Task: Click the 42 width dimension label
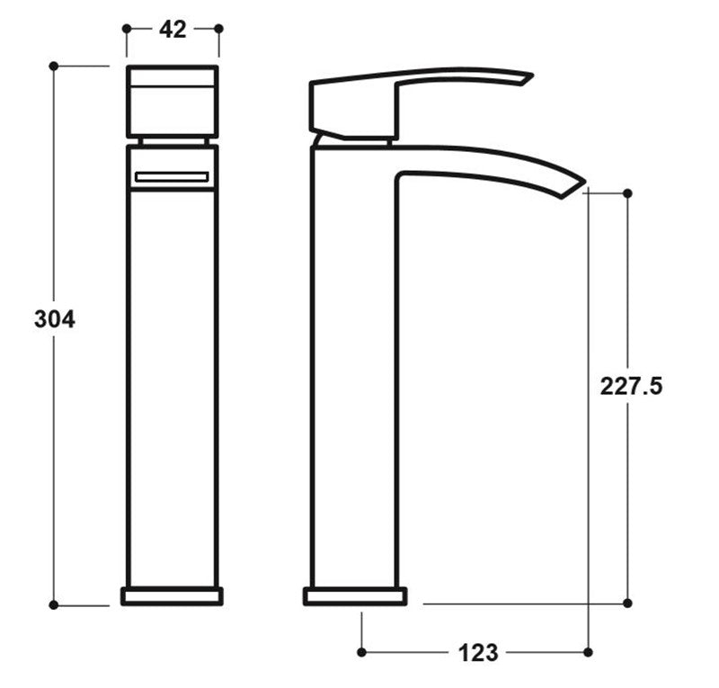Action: [x=173, y=29]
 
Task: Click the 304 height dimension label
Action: [x=54, y=318]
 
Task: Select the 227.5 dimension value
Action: [x=632, y=386]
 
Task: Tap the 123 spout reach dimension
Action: [x=477, y=652]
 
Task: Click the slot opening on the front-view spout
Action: [x=172, y=177]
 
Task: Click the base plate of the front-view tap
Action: [x=172, y=595]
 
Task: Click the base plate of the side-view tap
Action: [x=355, y=595]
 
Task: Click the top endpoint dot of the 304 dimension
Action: [x=54, y=66]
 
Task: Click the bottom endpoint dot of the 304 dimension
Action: [x=54, y=604]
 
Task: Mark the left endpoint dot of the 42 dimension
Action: [x=125, y=29]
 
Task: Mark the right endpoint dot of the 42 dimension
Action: [x=218, y=29]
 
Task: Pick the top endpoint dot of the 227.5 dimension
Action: [x=627, y=193]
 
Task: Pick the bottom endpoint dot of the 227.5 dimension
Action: [x=627, y=603]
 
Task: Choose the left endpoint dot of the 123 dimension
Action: [x=361, y=651]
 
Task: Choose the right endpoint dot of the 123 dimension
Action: [x=588, y=651]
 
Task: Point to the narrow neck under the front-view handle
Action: [x=172, y=140]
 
